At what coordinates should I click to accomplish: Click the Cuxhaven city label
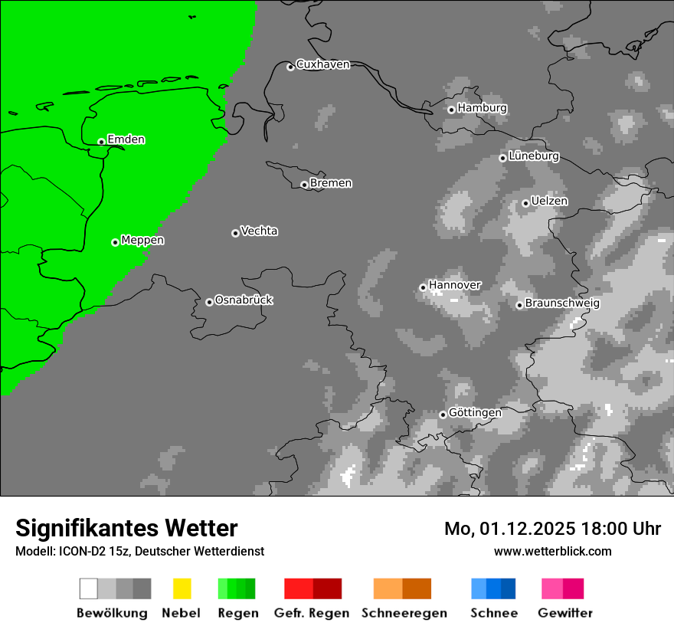[322, 64]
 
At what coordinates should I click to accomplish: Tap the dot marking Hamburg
[451, 110]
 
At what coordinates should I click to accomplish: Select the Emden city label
[126, 139]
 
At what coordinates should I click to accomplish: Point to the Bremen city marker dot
[304, 185]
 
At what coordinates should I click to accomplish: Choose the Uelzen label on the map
[549, 201]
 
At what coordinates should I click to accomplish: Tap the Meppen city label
[142, 240]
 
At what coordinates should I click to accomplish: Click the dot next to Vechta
[235, 233]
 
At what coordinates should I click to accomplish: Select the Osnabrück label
[244, 300]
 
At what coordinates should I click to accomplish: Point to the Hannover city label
[455, 285]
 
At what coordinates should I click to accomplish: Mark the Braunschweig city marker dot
[519, 305]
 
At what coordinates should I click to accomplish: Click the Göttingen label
[475, 412]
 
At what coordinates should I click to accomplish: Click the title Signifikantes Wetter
[126, 528]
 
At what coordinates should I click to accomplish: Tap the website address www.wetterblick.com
[552, 551]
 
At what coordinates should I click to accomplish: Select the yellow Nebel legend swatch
[182, 588]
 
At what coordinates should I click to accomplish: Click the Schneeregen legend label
[404, 613]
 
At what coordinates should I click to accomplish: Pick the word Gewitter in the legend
[565, 613]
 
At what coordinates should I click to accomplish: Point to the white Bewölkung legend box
[88, 588]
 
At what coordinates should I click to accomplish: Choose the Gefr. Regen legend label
[312, 613]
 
